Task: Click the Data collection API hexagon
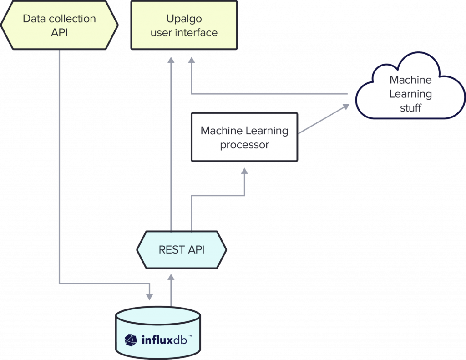coord(59,25)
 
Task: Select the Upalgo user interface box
coord(184,25)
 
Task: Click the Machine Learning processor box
coord(244,137)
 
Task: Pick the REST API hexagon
coord(182,249)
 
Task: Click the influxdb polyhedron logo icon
coord(131,340)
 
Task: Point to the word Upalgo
coord(184,19)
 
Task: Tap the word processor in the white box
coord(244,145)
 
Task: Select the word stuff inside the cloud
coord(410,108)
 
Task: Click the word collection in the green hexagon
coord(73,19)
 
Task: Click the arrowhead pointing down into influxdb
coord(149,296)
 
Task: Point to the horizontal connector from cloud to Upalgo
coord(268,94)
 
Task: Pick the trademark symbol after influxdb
coord(190,336)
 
